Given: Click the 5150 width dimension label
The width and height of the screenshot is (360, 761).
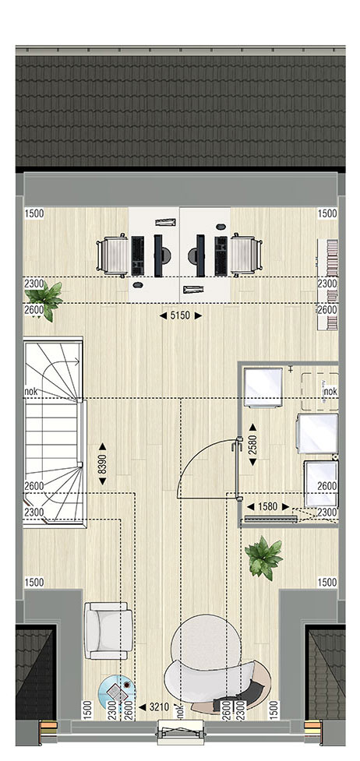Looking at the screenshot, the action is tap(180, 315).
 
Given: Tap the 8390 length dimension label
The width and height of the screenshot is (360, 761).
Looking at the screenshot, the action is tap(103, 463).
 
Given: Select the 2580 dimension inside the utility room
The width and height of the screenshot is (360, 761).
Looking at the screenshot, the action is tap(252, 445).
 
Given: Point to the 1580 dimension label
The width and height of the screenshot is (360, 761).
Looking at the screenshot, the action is tap(267, 507).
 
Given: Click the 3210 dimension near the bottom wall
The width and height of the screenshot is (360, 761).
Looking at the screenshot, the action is tap(160, 707).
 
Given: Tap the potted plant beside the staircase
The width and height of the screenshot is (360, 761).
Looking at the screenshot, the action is tap(44, 299).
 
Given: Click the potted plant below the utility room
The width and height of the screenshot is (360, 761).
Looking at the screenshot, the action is tap(263, 558).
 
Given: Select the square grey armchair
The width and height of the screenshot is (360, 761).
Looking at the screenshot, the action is tap(108, 631).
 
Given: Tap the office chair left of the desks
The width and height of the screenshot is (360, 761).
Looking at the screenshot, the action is tap(113, 255).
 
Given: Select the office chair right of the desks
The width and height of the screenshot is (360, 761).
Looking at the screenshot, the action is tap(245, 255).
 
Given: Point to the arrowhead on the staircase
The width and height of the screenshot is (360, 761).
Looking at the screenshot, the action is tap(76, 361).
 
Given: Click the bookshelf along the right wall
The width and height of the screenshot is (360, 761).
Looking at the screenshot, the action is tap(327, 284).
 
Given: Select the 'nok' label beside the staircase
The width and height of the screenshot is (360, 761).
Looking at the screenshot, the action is tap(30, 391).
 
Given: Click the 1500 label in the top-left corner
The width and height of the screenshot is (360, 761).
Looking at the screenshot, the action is tap(34, 213).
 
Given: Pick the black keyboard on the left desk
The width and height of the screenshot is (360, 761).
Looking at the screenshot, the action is tap(138, 255).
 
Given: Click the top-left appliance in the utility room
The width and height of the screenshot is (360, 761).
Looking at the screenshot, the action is tap(263, 387).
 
